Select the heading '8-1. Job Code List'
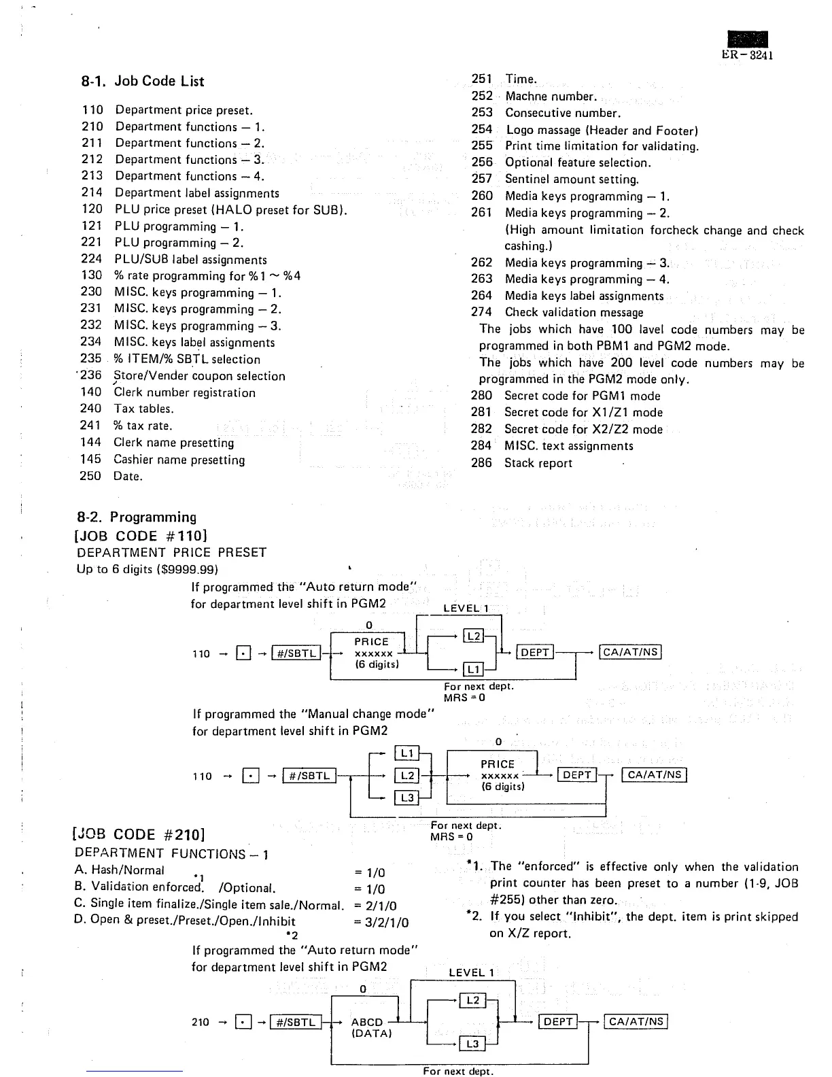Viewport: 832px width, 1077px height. pyautogui.click(x=143, y=81)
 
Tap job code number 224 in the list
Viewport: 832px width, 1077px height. pyautogui.click(x=91, y=259)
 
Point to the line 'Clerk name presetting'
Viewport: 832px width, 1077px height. pyautogui.click(x=173, y=443)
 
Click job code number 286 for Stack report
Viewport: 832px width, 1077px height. pyautogui.click(x=481, y=463)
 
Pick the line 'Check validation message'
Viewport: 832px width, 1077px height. pyautogui.click(x=574, y=313)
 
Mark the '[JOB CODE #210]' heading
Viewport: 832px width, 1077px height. pyautogui.click(x=139, y=834)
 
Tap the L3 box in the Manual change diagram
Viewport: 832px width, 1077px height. pyautogui.click(x=407, y=798)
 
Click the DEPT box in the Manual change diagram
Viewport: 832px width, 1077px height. pyautogui.click(x=577, y=775)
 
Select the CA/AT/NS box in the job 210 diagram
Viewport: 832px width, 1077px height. pyautogui.click(x=636, y=1021)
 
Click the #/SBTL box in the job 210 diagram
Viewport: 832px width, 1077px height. pyautogui.click(x=295, y=1022)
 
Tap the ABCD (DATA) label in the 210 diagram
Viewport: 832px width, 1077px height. pyautogui.click(x=370, y=1027)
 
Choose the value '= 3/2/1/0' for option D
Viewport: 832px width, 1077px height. pyautogui.click(x=381, y=923)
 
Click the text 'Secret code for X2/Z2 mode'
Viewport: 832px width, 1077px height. pyautogui.click(x=583, y=429)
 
